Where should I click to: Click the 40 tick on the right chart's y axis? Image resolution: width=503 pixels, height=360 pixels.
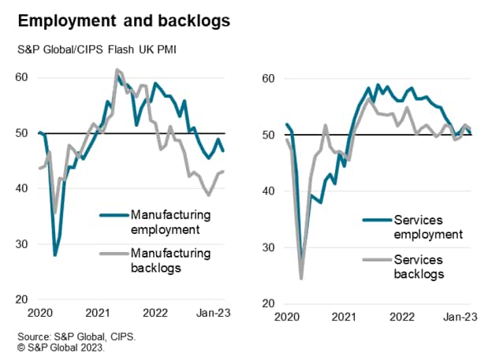[x=268, y=191]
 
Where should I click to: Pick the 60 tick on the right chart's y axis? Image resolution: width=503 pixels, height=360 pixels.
[x=268, y=79]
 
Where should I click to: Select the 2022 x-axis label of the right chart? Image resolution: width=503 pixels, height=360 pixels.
[x=403, y=318]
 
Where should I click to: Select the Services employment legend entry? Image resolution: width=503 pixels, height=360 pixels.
[x=412, y=228]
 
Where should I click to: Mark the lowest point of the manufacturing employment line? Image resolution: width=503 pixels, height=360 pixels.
[x=55, y=255]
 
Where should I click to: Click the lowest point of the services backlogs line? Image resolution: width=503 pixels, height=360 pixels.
[x=301, y=279]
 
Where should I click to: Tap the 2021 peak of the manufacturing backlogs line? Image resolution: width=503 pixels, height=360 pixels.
[x=117, y=70]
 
